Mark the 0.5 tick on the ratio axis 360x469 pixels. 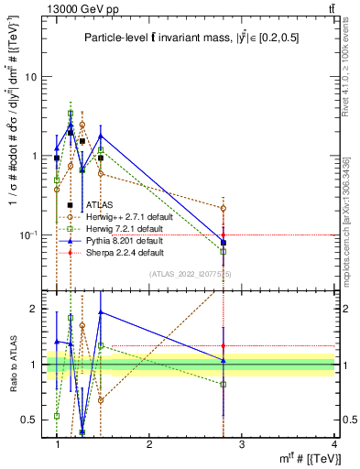(33, 420)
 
